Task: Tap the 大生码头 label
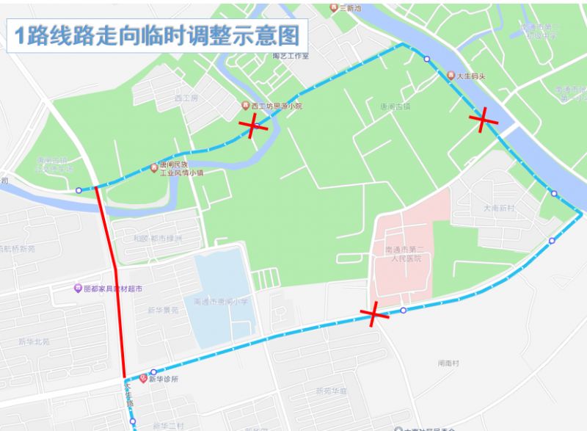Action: (473, 76)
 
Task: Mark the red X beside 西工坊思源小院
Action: (253, 127)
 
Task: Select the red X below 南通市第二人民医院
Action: (374, 315)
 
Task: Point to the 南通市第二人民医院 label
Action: (403, 253)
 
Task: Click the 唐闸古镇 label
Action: (394, 106)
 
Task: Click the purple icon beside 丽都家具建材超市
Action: (78, 288)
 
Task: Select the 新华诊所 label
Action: (163, 380)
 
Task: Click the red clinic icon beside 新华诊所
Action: (143, 379)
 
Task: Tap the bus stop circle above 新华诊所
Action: (153, 372)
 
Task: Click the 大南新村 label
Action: (500, 209)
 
